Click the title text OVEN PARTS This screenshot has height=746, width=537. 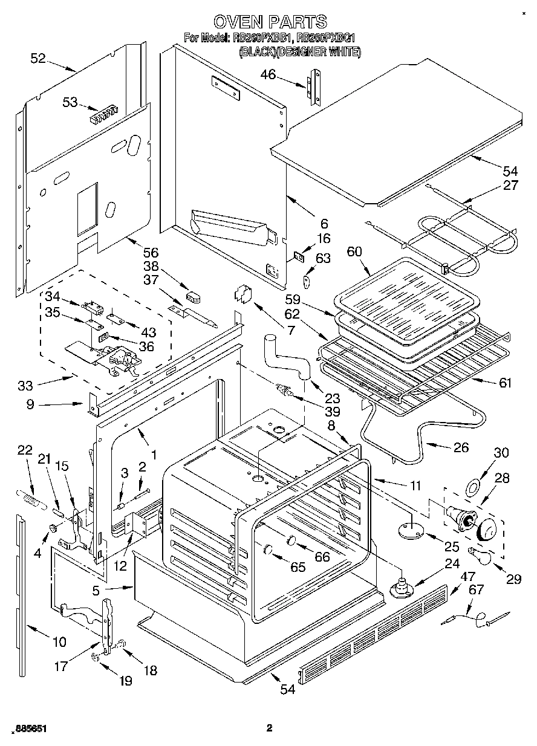[270, 22]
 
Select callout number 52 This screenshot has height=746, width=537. [37, 58]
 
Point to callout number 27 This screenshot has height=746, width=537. [510, 186]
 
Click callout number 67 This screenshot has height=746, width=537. [477, 589]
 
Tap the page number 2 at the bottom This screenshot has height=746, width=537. [270, 728]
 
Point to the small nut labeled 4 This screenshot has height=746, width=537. [53, 529]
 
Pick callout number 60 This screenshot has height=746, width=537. [356, 251]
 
